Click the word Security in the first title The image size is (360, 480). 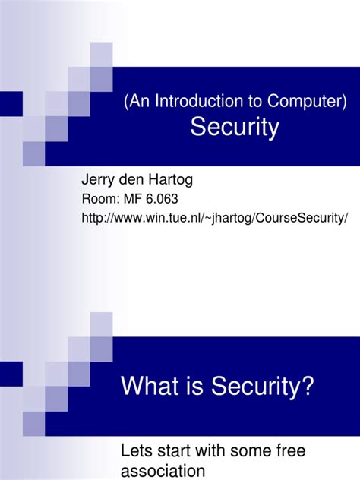(x=235, y=128)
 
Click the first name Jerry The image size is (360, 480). (x=99, y=180)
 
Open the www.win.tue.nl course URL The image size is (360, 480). (x=215, y=219)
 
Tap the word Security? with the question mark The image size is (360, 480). (x=261, y=387)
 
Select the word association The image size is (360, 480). (x=163, y=471)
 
